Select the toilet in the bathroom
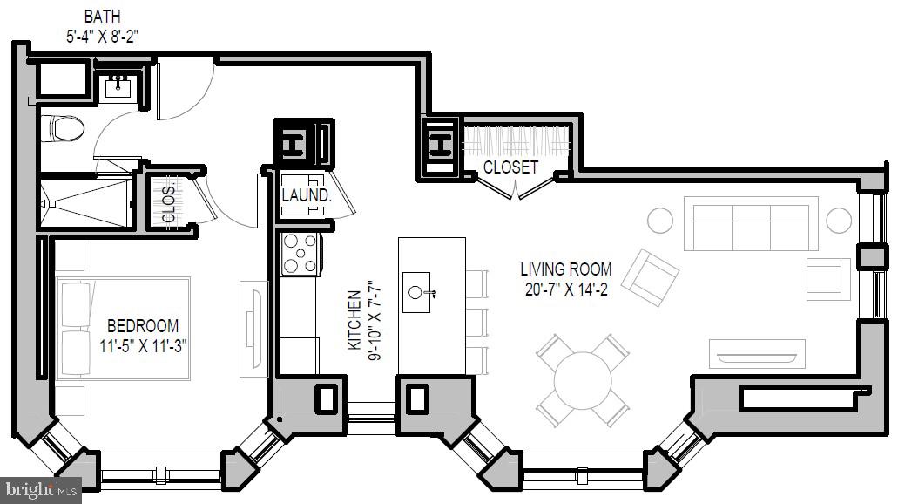[63, 130]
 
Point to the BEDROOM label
[145, 325]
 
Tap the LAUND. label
[306, 195]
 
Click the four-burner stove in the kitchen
[300, 254]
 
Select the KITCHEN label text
[354, 320]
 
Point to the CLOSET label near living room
[510, 167]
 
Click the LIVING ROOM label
[566, 269]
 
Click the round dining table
[583, 377]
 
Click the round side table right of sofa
[838, 221]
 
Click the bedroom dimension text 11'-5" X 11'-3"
[145, 344]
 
